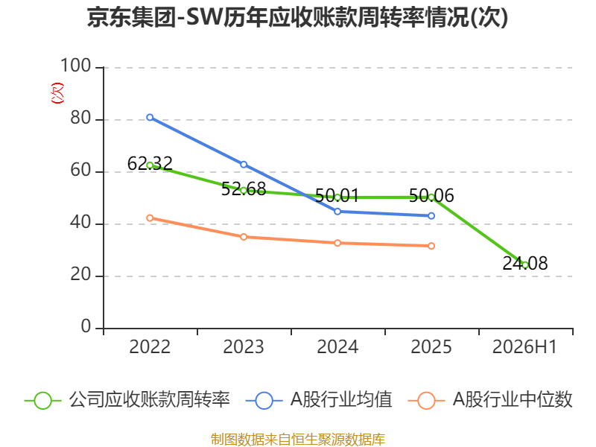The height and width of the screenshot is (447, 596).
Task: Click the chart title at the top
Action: [x=297, y=18]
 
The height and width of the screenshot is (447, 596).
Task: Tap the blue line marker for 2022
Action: [x=150, y=118]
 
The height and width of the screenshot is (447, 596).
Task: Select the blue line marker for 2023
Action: [x=244, y=165]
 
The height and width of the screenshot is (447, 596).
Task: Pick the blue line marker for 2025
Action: [x=431, y=216]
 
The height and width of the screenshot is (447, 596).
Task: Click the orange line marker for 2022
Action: [x=150, y=218]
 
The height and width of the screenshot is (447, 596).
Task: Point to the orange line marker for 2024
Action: [x=337, y=243]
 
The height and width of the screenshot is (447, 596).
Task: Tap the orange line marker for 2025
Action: [x=431, y=246]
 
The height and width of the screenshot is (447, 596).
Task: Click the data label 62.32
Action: [x=150, y=164]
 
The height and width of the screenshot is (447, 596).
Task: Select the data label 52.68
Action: [x=244, y=189]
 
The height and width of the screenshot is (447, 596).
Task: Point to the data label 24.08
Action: [x=525, y=264]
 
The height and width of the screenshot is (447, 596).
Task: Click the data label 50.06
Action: [x=431, y=196]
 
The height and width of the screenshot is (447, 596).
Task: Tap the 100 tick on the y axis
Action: [x=76, y=66]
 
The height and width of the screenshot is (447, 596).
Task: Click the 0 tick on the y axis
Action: [x=86, y=326]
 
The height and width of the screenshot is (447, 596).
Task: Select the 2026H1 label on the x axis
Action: [x=524, y=347]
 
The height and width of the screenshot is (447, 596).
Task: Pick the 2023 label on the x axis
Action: [x=244, y=347]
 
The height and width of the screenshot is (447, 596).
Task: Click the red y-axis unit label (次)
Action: [x=57, y=93]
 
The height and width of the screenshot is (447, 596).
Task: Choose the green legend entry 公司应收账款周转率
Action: [x=127, y=400]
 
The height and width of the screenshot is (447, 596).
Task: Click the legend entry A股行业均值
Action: [x=319, y=400]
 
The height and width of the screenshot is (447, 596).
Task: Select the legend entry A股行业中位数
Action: [x=490, y=400]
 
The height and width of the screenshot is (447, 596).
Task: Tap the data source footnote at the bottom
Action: [x=298, y=440]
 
